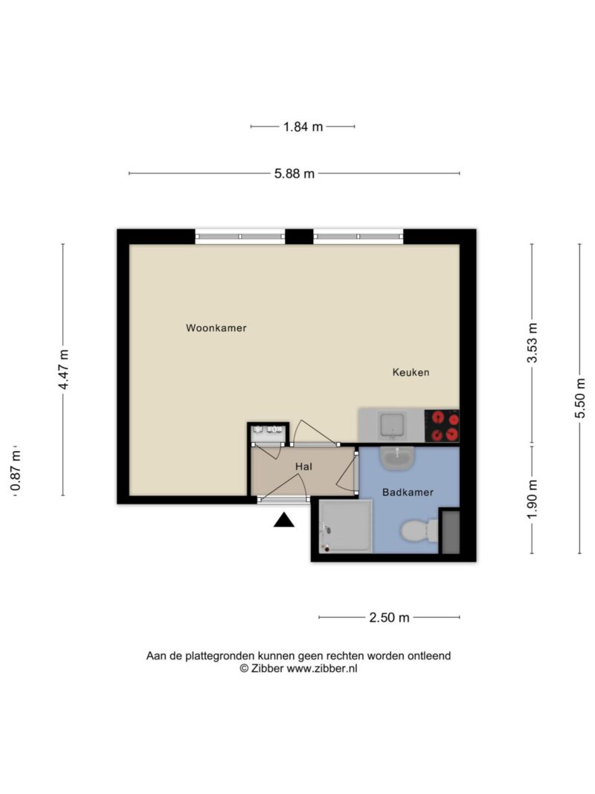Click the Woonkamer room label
(x=216, y=327)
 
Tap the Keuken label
(x=411, y=372)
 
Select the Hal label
(x=303, y=467)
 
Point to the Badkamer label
(x=408, y=492)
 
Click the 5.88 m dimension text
(x=295, y=173)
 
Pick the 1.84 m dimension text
(x=303, y=127)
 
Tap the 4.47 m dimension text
(x=64, y=370)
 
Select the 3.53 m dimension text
(x=533, y=343)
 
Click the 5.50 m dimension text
(x=580, y=398)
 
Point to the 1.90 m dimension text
(x=533, y=499)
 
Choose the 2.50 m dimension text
(x=389, y=618)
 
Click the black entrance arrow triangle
(x=284, y=520)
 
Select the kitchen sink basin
(x=392, y=426)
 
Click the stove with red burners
(x=442, y=426)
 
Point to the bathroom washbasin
(x=398, y=459)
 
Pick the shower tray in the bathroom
(x=346, y=526)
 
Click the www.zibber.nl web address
(x=322, y=668)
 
